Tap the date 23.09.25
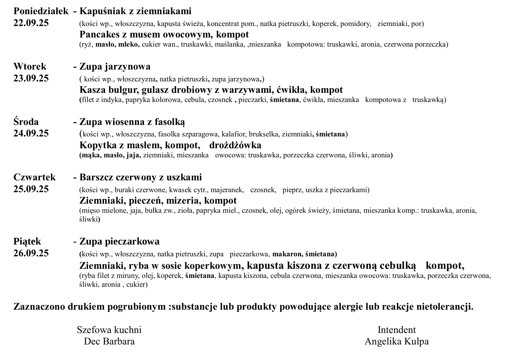tap(31, 78)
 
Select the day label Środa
tap(26, 122)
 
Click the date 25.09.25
tap(31, 189)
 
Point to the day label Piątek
tap(27, 241)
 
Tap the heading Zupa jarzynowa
tap(115, 66)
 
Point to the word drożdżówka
tap(235, 145)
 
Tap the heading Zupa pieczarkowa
tap(119, 241)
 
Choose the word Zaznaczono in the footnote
tap(38, 307)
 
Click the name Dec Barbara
tap(109, 341)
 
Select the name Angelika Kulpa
tap(397, 341)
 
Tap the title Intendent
tap(397, 330)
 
